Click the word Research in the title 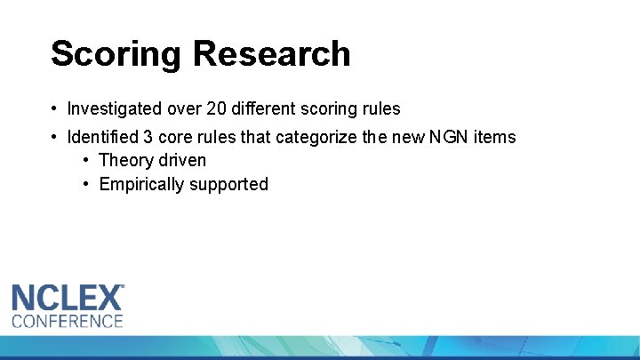pos(272,54)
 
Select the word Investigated pos(115,109)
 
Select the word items pos(496,138)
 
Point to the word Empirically pos(143,185)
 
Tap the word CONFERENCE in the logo pos(68,321)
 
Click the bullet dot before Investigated pos(55,109)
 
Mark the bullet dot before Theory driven pos(86,161)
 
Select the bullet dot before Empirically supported pos(86,185)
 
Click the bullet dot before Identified pos(55,138)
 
